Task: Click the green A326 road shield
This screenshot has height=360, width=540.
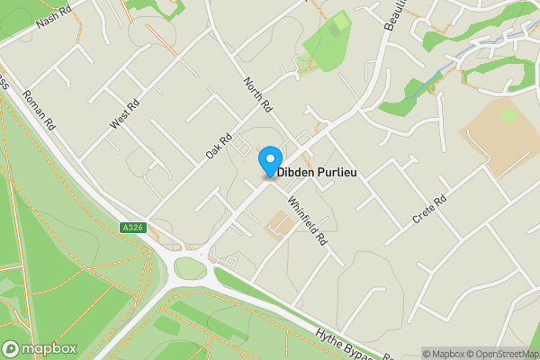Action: click(130, 229)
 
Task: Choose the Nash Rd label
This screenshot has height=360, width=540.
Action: click(54, 19)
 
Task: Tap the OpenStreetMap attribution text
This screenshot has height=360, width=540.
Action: click(500, 354)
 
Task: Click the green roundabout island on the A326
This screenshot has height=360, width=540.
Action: click(189, 268)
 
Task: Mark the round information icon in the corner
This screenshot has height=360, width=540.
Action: click(412, 354)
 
